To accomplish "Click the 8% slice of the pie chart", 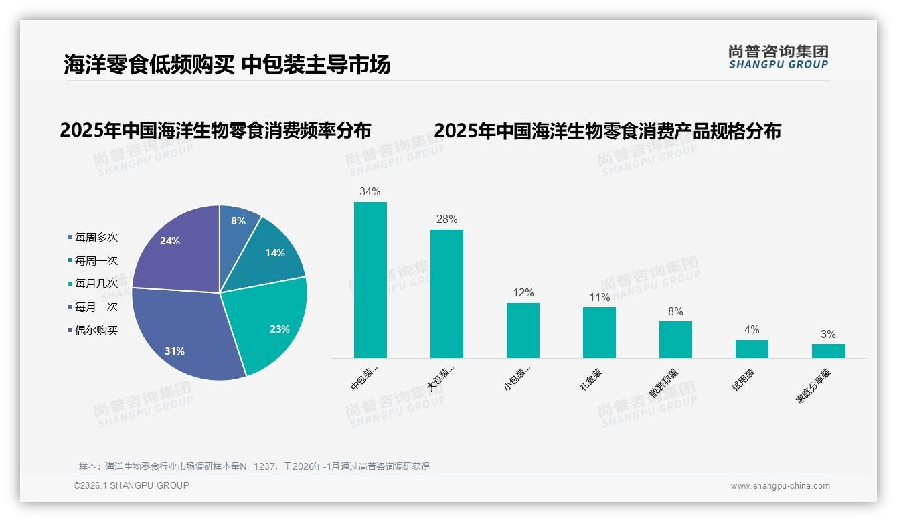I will pos(238,224).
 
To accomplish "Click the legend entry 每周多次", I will pos(96,238).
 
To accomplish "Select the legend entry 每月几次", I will pos(96,284).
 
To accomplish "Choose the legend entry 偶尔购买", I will pos(96,331).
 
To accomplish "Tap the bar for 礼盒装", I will pos(599,333).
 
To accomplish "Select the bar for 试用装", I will pos(752,349).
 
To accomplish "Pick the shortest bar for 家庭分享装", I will pos(828,351).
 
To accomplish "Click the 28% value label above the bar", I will pos(446,220).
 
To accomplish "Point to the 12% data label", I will pos(523,293).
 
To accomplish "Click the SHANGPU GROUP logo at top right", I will pos(778,57).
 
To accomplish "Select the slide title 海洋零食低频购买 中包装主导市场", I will pos(227,65).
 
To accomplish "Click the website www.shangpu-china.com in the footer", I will pos(780,486).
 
